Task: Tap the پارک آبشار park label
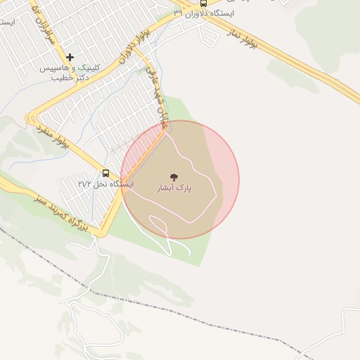point(174,188)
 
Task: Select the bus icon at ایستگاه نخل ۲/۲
point(106,173)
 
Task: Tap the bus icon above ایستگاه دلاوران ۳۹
point(203,3)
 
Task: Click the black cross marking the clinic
point(70,56)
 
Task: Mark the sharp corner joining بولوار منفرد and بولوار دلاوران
point(29,116)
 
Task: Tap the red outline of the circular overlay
point(239,180)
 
